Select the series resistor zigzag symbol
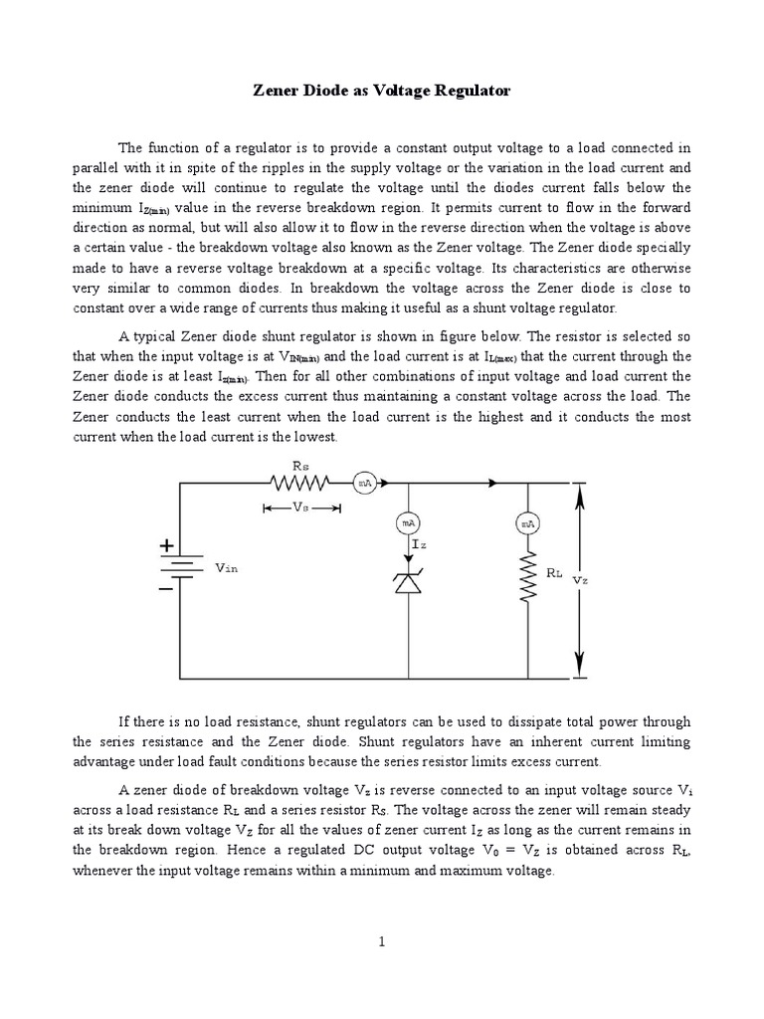(x=300, y=483)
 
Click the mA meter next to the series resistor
(x=365, y=483)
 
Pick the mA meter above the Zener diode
(x=407, y=522)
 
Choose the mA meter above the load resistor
(x=528, y=522)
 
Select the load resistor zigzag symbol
(x=528, y=577)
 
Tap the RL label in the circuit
(x=554, y=574)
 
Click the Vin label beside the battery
(x=227, y=568)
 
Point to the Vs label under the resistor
(x=300, y=507)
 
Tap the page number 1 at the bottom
(x=382, y=943)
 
